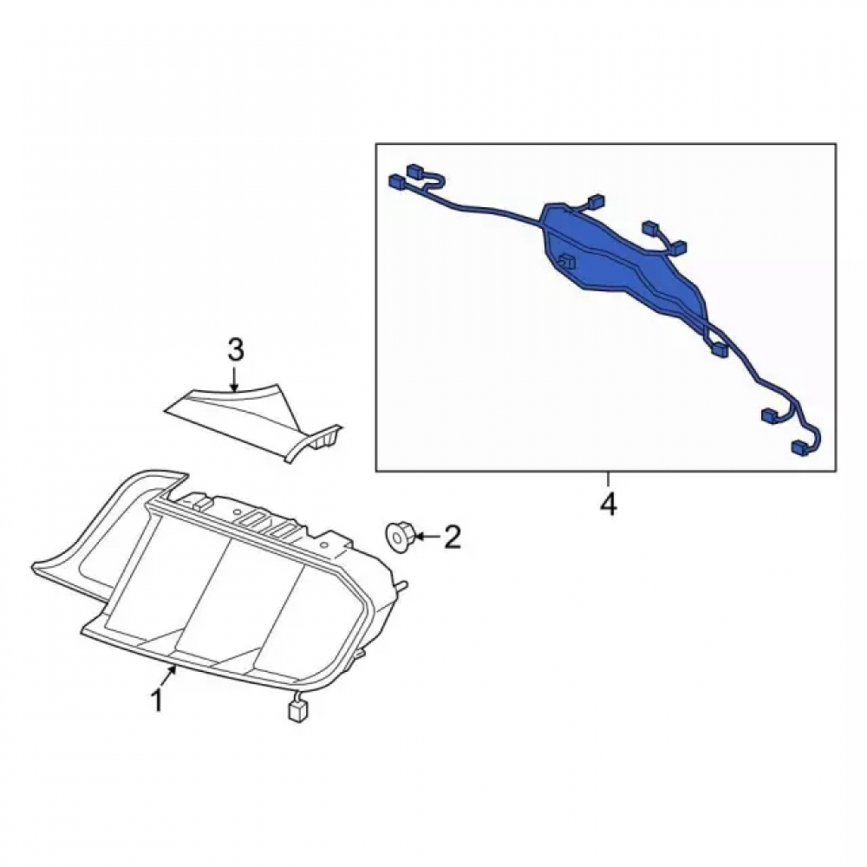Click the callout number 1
(158, 701)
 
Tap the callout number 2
(453, 537)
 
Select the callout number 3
(235, 350)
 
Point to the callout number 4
(608, 505)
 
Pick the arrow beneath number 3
(235, 380)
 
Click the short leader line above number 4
(608, 479)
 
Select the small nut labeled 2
(398, 536)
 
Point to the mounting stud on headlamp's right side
(402, 583)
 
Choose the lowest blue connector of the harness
(801, 448)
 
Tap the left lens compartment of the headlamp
(149, 581)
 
